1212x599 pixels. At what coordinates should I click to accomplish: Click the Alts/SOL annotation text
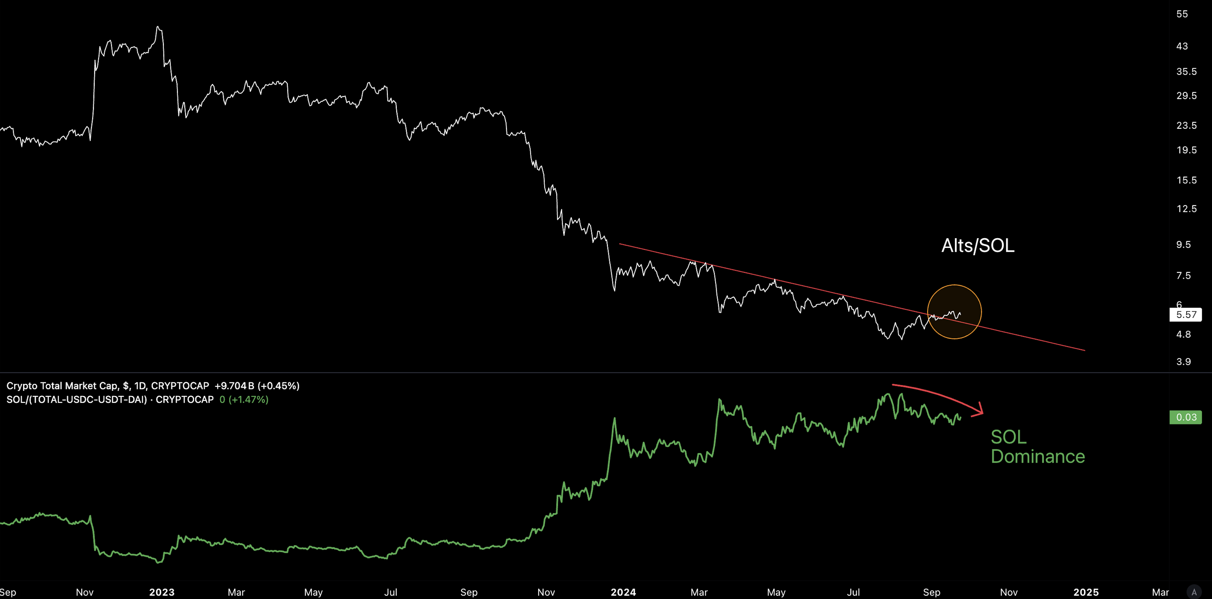(978, 246)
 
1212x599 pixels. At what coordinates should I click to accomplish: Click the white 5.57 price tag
(1185, 315)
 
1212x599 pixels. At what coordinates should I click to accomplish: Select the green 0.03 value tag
(1185, 417)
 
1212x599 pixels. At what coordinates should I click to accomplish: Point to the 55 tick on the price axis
(1182, 14)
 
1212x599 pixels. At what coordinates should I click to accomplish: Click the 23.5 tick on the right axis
(1186, 125)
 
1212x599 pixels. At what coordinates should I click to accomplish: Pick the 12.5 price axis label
(1186, 209)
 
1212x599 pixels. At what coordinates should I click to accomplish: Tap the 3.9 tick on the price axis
(1183, 362)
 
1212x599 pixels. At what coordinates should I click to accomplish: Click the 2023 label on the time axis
(162, 592)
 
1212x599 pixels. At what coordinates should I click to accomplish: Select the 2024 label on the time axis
(623, 592)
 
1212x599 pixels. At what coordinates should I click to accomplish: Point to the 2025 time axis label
(1086, 592)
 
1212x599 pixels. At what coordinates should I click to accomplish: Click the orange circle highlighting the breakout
(954, 312)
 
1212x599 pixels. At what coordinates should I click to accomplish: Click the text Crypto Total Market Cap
(62, 386)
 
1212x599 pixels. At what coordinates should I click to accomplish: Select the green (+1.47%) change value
(249, 399)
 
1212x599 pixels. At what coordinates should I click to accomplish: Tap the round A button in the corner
(1194, 592)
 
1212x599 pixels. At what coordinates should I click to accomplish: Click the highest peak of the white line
(158, 27)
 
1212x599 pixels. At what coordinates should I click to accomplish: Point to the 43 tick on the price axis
(1182, 46)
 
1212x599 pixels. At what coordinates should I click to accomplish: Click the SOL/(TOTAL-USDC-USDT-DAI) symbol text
(77, 399)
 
